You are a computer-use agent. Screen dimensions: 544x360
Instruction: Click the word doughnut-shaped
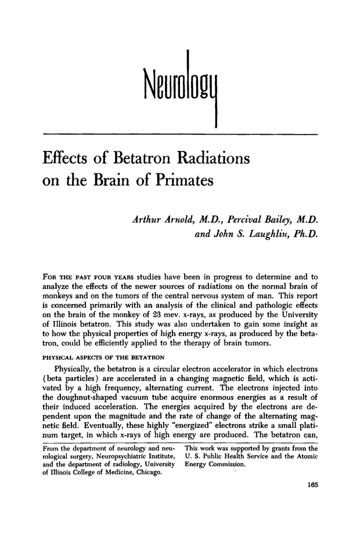point(73,387)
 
